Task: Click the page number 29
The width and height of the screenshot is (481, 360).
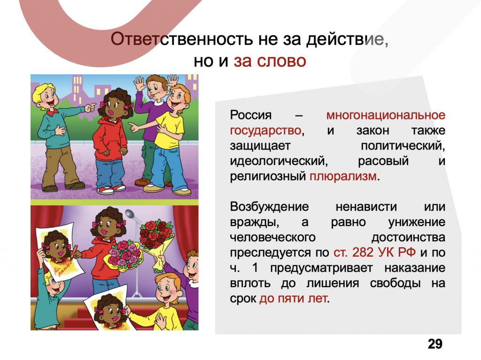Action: click(x=435, y=344)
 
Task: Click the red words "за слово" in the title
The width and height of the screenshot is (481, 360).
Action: click(x=270, y=61)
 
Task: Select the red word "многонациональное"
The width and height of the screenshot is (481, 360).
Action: click(x=386, y=115)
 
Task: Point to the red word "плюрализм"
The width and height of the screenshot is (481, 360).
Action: click(x=343, y=176)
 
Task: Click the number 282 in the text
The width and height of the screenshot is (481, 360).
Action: click(x=363, y=252)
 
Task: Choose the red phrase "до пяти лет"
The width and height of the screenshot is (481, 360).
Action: click(x=293, y=298)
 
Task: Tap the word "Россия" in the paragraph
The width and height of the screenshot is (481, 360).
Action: click(x=251, y=116)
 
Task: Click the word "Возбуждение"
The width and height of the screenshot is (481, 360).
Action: click(x=269, y=207)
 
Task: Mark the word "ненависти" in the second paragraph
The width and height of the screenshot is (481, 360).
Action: click(x=366, y=207)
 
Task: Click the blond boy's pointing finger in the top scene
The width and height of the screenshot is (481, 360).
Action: click(x=91, y=107)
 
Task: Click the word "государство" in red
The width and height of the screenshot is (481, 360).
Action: click(x=266, y=131)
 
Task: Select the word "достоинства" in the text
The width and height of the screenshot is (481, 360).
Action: click(x=408, y=237)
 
